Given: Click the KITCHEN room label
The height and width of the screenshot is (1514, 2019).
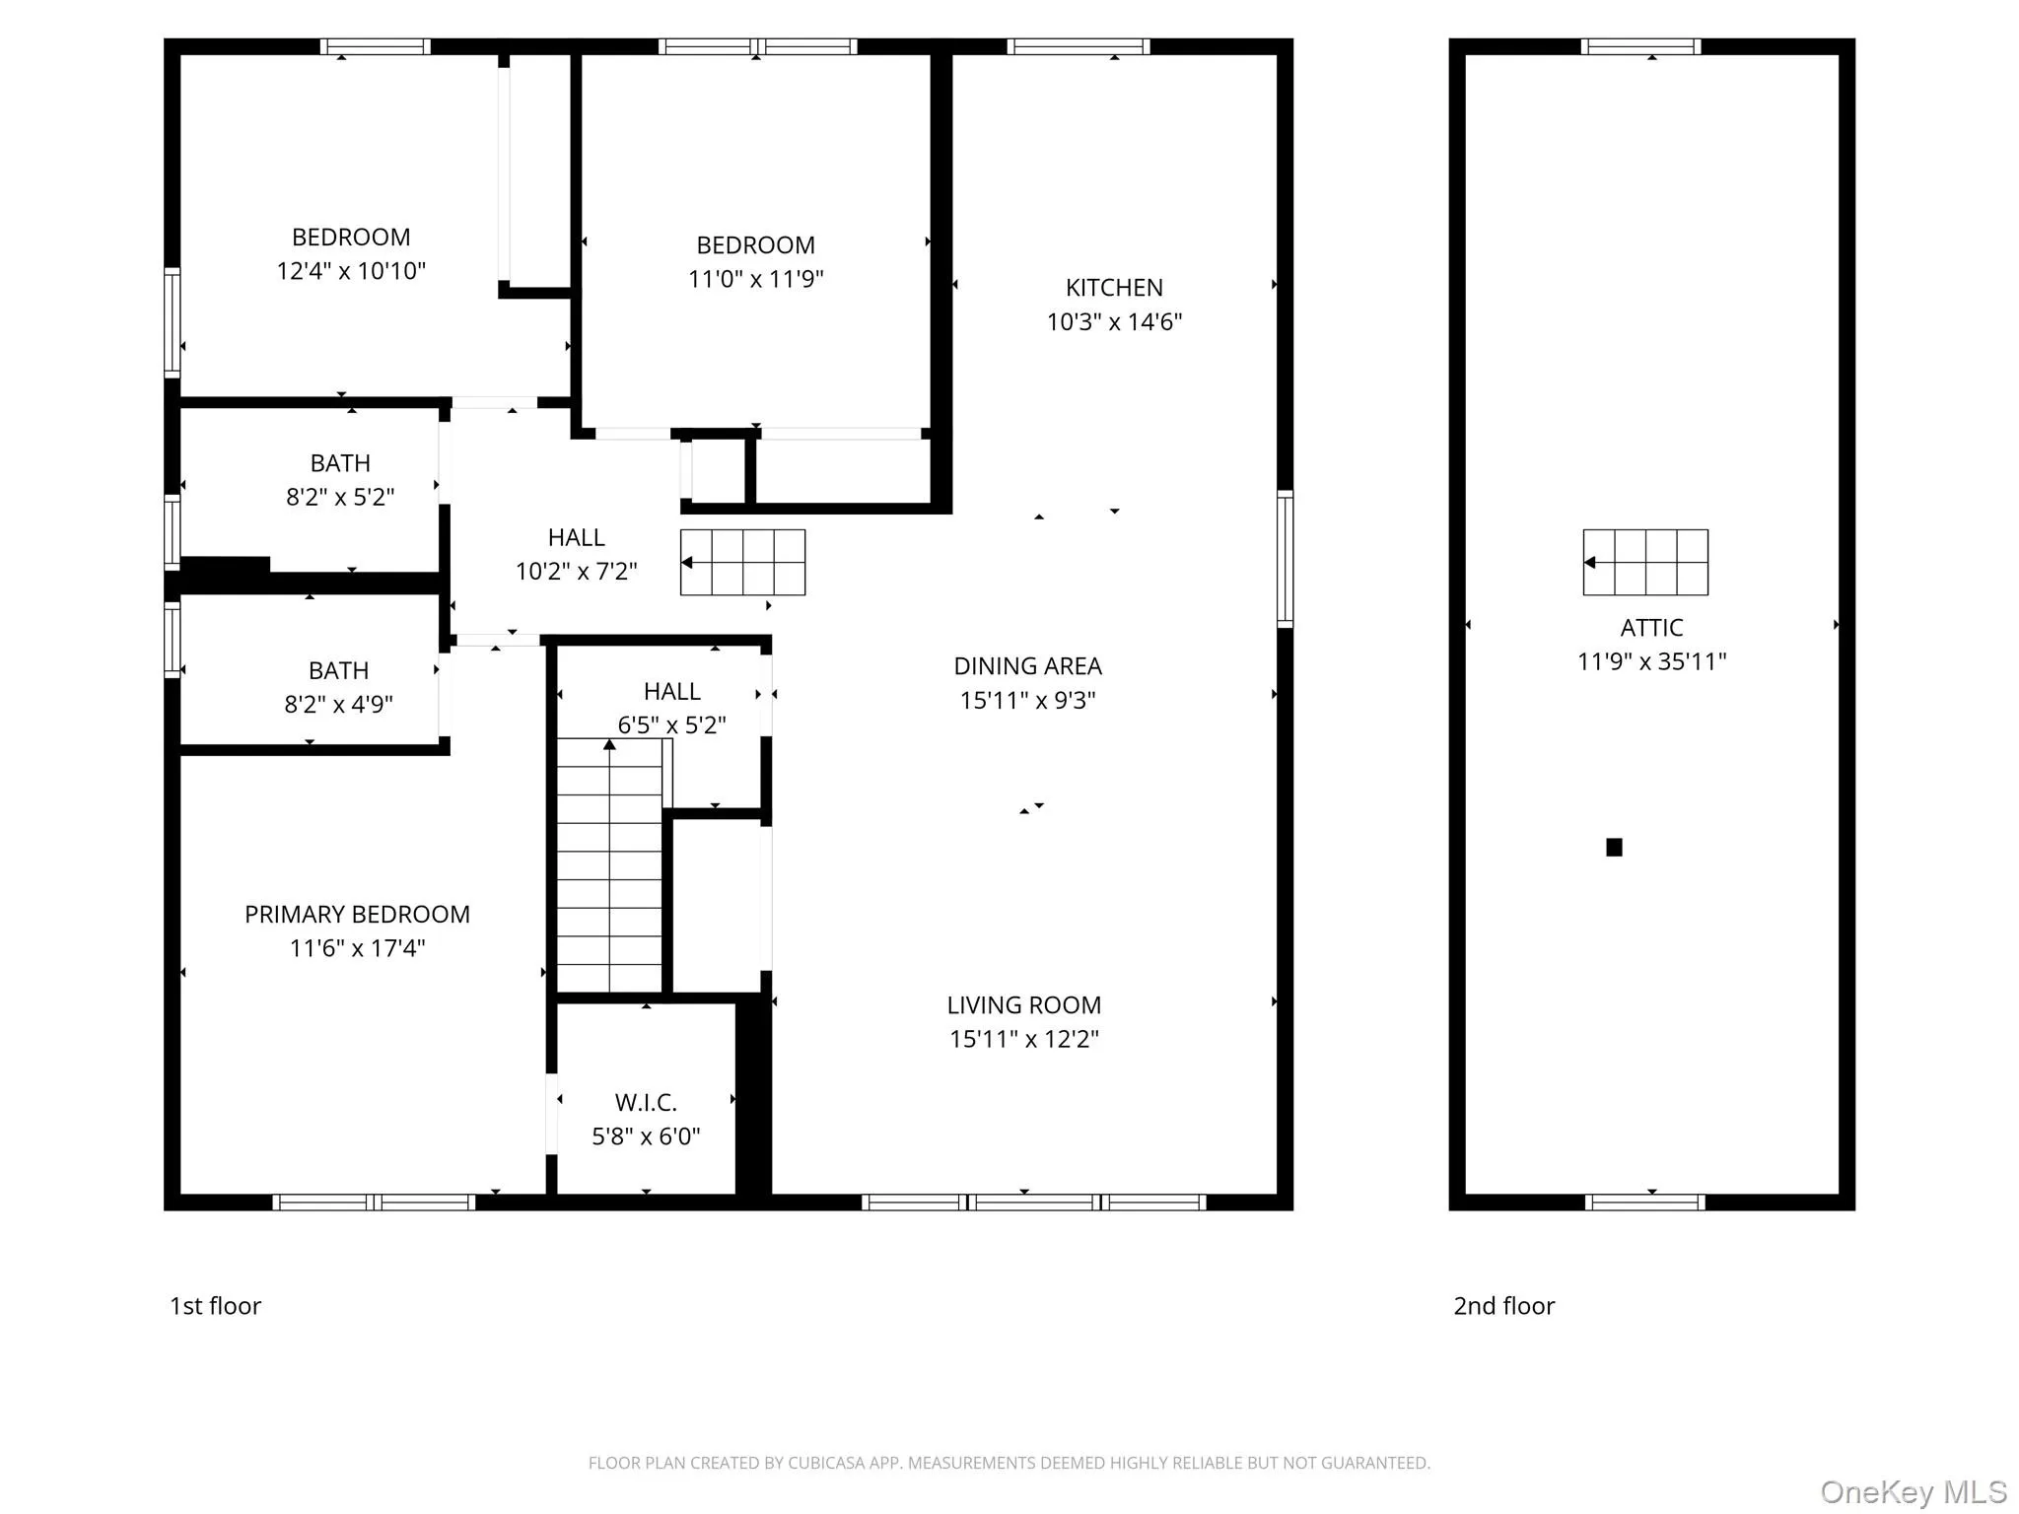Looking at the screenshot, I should [x=1114, y=288].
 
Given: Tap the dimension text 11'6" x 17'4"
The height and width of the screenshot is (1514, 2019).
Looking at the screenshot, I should [x=357, y=948].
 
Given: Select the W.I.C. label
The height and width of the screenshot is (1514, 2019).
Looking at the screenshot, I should [x=646, y=1102].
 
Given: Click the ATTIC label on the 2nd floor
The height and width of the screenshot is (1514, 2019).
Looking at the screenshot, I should [x=1651, y=628].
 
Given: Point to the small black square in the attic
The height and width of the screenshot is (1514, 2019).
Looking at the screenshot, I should [x=1614, y=847].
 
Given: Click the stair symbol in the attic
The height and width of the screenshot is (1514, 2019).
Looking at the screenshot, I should [x=1645, y=562].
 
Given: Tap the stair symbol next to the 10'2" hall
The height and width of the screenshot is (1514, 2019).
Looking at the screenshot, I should [x=742, y=562].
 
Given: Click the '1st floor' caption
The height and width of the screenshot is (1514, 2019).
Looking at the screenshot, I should [x=215, y=1306].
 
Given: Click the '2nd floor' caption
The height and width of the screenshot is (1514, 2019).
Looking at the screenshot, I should [x=1503, y=1306].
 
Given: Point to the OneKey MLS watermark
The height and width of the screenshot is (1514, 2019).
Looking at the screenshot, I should [x=1913, y=1491].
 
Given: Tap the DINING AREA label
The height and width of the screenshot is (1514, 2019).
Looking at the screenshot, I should [x=1027, y=666].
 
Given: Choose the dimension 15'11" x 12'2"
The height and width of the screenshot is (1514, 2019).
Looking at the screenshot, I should [x=1023, y=1039].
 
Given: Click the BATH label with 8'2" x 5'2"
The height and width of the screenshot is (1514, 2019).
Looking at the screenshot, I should [x=340, y=463].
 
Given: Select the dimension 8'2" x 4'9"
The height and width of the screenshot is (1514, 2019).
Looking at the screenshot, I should [x=338, y=704].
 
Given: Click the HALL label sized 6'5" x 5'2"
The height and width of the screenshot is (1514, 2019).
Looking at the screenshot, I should [x=671, y=692].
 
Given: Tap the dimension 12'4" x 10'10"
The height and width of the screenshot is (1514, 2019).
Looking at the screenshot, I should [x=351, y=271].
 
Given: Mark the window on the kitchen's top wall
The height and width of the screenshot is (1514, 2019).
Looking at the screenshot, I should [x=1079, y=46].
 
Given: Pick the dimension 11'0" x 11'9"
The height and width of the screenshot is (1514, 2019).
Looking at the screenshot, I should [x=755, y=279].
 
